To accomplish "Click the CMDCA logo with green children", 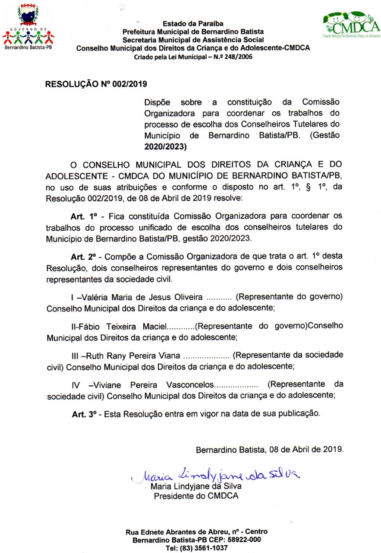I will coord(351,24).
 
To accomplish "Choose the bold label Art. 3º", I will coord(84,413).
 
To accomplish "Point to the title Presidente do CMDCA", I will coord(196,496).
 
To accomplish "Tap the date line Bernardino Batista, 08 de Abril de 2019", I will coord(270,449).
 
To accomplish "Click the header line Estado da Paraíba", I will coord(193,24).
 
